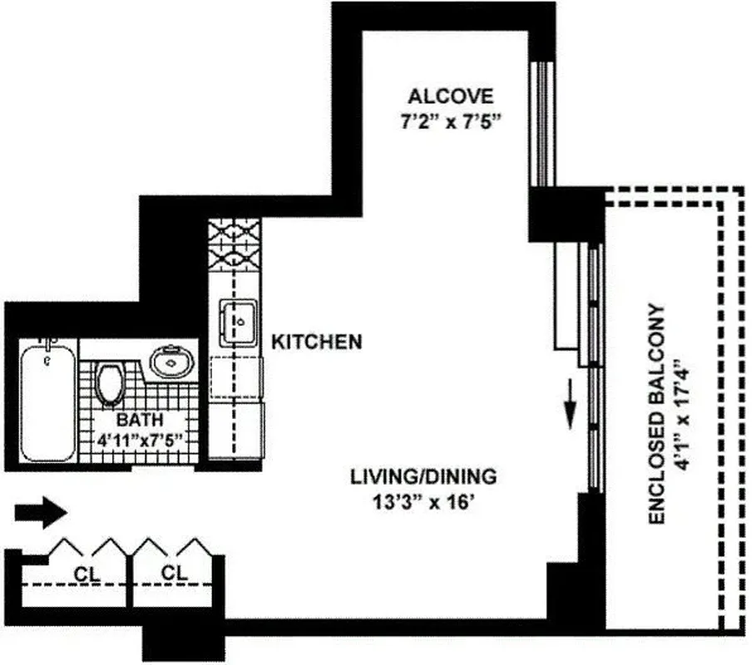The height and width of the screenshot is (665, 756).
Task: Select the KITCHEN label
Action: (317, 342)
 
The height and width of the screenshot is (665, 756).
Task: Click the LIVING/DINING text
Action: (422, 477)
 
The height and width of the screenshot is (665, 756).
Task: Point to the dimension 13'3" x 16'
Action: (422, 501)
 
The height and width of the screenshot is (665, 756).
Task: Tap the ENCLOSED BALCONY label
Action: (656, 414)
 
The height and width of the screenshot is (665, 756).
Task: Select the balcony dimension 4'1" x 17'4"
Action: (684, 414)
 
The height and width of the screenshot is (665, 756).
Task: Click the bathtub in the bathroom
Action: (47, 403)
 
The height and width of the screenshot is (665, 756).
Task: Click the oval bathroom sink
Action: (170, 362)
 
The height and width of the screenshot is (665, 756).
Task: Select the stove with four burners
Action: (234, 248)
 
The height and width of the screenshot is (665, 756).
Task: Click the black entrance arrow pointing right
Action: (40, 512)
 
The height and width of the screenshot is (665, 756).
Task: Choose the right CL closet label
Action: (174, 574)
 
